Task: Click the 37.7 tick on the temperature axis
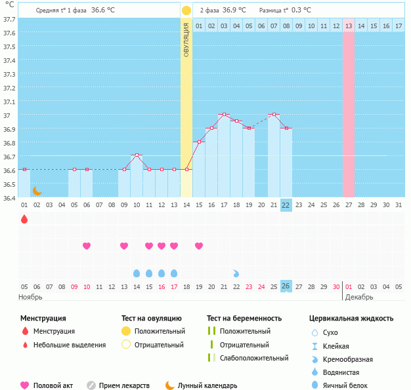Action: click(x=9, y=20)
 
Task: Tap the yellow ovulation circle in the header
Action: click(x=186, y=10)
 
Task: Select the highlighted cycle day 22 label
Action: click(x=286, y=205)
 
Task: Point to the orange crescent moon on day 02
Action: click(x=37, y=190)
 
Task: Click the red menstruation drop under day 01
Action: click(x=24, y=219)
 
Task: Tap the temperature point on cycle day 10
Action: click(x=137, y=155)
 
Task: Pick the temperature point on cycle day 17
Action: click(x=224, y=115)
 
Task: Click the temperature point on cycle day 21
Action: click(x=273, y=115)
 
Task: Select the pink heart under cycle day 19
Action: click(x=199, y=246)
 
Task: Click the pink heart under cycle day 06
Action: click(x=87, y=246)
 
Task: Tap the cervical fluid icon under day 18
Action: click(x=236, y=273)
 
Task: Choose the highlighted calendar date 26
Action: click(x=286, y=286)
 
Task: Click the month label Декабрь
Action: click(x=360, y=297)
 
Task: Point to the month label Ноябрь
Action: click(x=30, y=297)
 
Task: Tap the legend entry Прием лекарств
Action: click(x=124, y=385)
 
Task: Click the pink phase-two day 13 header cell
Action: click(x=348, y=26)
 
